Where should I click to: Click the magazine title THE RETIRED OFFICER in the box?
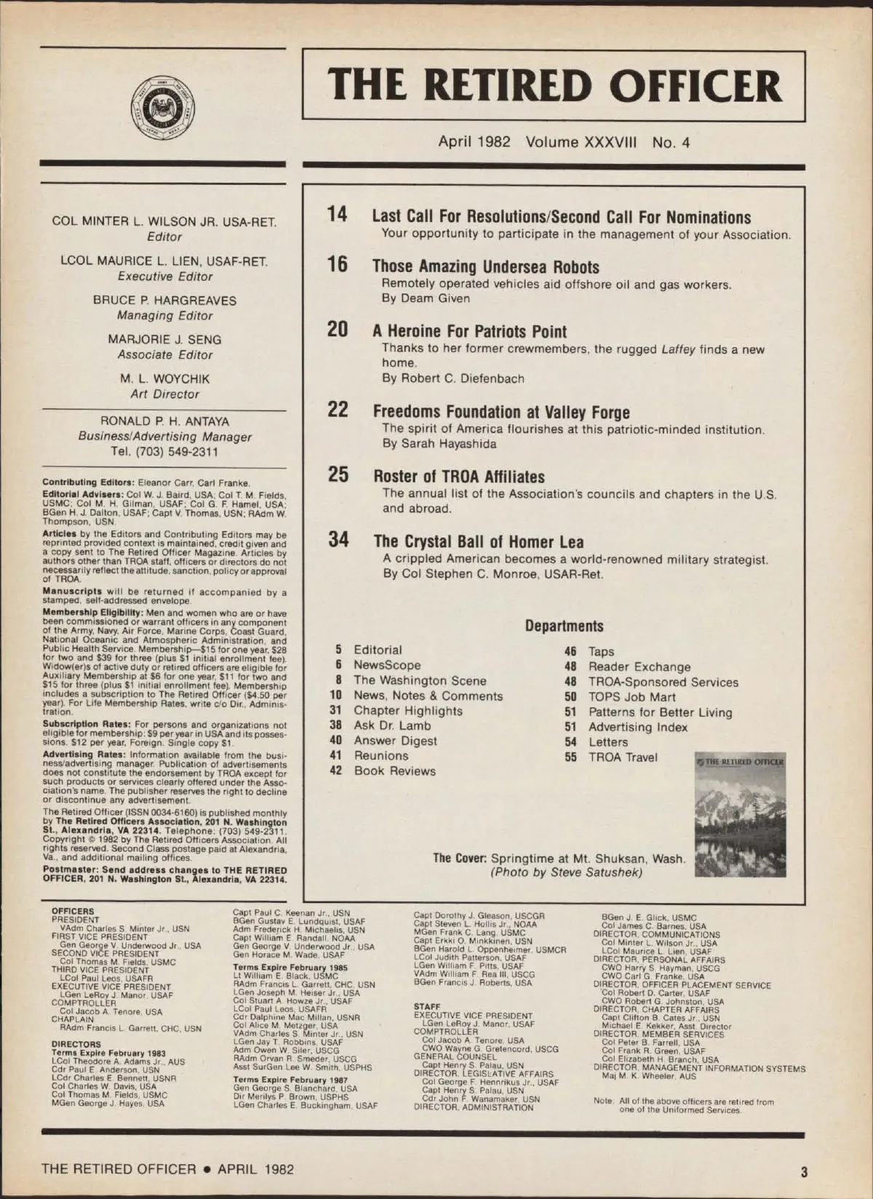click(554, 85)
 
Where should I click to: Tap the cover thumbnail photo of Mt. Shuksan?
click(740, 815)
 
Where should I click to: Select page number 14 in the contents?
click(337, 214)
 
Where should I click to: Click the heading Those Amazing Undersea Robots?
click(485, 266)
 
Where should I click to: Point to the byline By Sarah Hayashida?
click(439, 444)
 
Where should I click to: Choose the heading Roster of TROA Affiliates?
click(458, 477)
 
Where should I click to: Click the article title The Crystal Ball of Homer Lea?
click(478, 541)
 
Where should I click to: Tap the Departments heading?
click(564, 626)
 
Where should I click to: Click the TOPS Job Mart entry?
click(631, 697)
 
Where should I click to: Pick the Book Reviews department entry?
click(394, 771)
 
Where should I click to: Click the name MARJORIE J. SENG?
click(164, 339)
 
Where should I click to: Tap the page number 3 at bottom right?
click(803, 1171)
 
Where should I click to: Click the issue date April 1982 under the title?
click(474, 142)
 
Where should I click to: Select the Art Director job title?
click(164, 394)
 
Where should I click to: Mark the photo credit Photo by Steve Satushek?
click(566, 872)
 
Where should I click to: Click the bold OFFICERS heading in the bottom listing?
click(73, 911)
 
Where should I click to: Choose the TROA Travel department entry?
click(622, 757)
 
